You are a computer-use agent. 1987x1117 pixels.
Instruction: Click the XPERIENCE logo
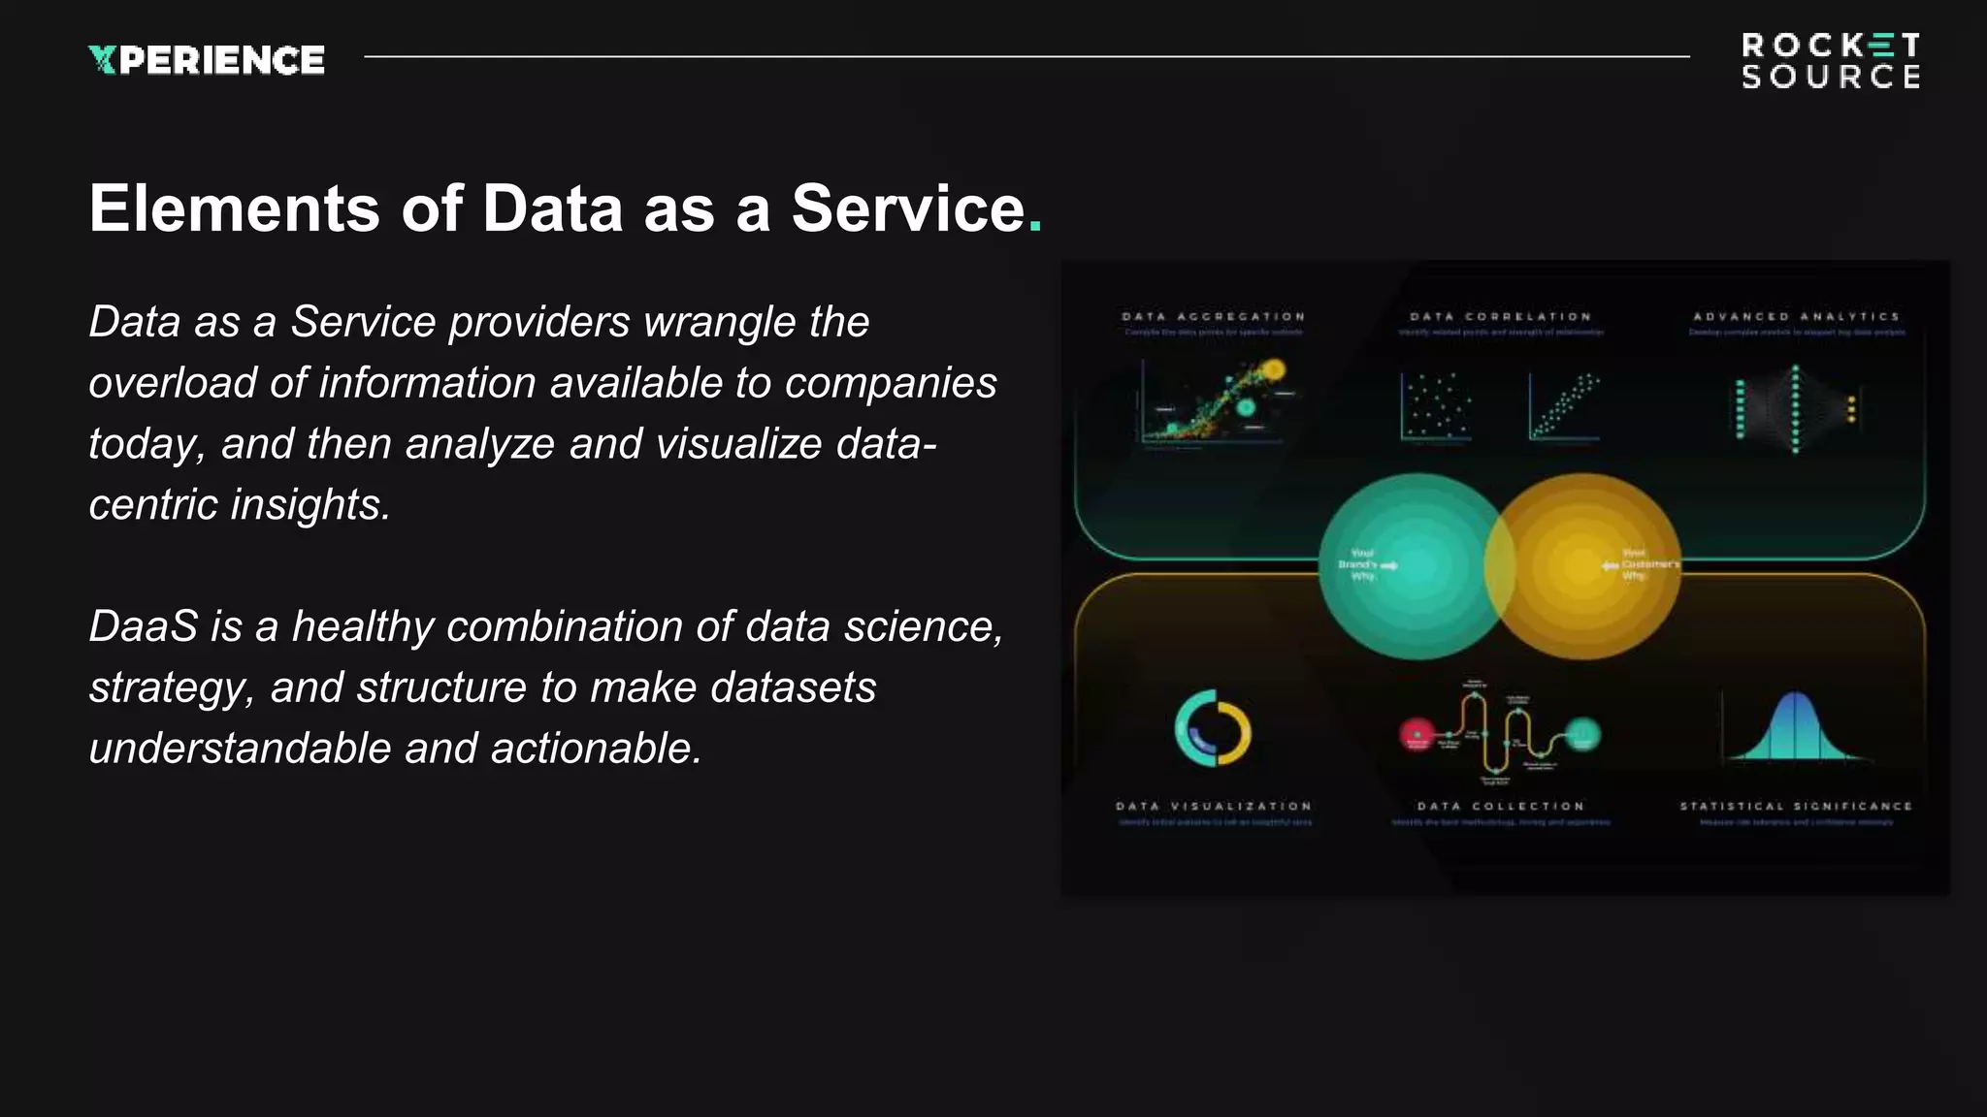coord(206,60)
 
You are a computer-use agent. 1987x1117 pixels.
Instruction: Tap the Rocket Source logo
coord(1830,60)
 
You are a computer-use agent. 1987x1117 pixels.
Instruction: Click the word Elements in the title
coord(234,208)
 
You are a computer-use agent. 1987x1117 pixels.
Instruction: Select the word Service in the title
coord(908,208)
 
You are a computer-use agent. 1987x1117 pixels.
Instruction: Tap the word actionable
coord(596,749)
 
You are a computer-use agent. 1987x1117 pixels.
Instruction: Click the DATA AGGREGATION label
coord(1214,317)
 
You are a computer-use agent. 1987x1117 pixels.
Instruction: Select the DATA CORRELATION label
coord(1501,317)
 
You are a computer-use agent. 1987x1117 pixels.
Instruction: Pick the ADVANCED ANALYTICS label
coord(1796,317)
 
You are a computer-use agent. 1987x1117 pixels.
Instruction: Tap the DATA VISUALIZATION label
coord(1214,807)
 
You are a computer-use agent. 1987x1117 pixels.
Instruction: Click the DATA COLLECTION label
coord(1501,807)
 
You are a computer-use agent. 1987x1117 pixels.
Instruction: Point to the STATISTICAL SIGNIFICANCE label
coord(1796,807)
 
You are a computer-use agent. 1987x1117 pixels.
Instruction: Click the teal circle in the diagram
coord(1407,567)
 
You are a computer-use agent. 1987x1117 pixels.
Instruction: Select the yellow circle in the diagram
coord(1591,567)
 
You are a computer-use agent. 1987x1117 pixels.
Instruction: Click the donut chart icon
coord(1213,728)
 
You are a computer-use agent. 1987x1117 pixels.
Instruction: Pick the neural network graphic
coord(1795,408)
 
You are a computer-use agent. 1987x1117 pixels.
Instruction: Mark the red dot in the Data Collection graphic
coord(1417,734)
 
